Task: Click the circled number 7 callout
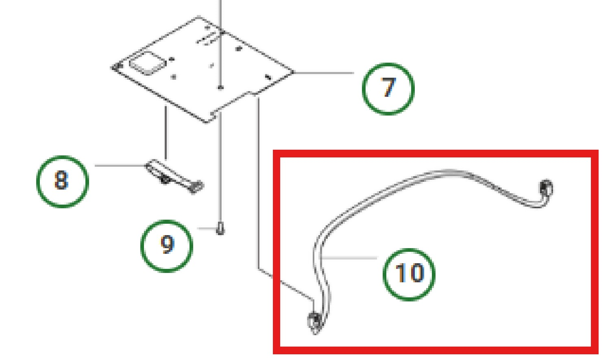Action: tap(388, 89)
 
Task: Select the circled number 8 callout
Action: tap(63, 182)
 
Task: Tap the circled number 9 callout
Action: tap(167, 246)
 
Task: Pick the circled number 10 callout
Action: tap(409, 275)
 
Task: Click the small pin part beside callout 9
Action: tap(220, 229)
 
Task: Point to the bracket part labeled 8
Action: tap(174, 176)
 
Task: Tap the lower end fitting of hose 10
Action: tap(315, 322)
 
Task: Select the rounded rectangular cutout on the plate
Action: tap(147, 63)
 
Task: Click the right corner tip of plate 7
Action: tap(294, 72)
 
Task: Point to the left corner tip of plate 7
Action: tap(112, 68)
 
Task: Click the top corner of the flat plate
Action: tap(199, 17)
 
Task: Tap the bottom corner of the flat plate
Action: tap(206, 122)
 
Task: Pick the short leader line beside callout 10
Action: tap(349, 257)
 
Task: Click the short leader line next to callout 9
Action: tap(207, 229)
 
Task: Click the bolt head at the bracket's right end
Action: tap(196, 187)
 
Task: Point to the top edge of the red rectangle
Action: tap(436, 153)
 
